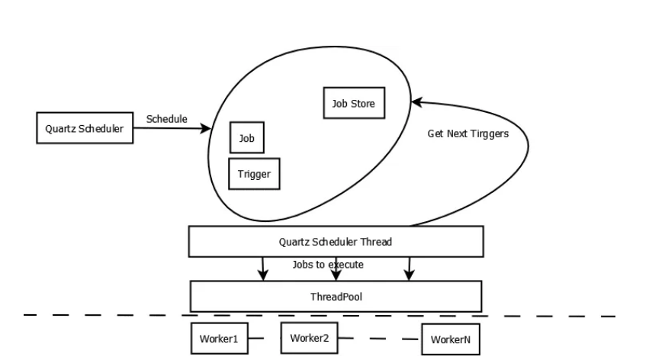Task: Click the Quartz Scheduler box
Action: (x=85, y=128)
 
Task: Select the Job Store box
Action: (x=354, y=103)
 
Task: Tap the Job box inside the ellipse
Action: (x=246, y=137)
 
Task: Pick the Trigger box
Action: (x=254, y=174)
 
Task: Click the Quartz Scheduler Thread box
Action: (x=336, y=242)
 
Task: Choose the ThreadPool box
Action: (x=336, y=296)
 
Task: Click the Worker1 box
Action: (x=220, y=339)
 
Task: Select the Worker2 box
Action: (x=309, y=338)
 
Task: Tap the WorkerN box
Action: (x=451, y=339)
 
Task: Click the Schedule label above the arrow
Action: (x=167, y=119)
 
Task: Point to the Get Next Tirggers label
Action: (x=468, y=133)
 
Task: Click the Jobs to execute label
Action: (x=328, y=265)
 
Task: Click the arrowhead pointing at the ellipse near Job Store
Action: (x=416, y=101)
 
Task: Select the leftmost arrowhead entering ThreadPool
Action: (x=263, y=275)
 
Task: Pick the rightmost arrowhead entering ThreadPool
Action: (x=409, y=275)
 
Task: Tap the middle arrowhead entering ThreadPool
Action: (x=336, y=275)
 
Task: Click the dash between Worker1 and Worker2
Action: (x=256, y=338)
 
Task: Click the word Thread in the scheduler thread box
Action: (x=376, y=242)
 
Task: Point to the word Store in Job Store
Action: (x=362, y=104)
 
